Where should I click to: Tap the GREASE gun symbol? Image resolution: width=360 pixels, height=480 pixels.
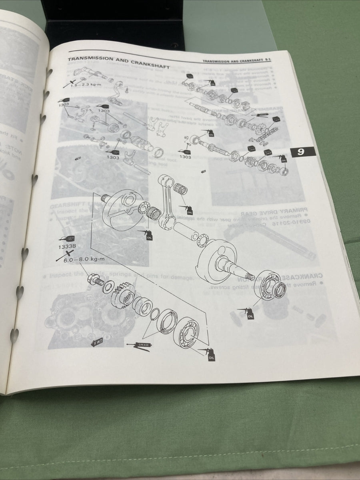coord(138,345)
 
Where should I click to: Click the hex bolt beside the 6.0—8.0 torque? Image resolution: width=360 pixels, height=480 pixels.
coord(94,280)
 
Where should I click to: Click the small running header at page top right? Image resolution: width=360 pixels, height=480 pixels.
coord(238,61)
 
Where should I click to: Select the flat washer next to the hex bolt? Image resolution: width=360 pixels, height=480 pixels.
coord(108,288)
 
